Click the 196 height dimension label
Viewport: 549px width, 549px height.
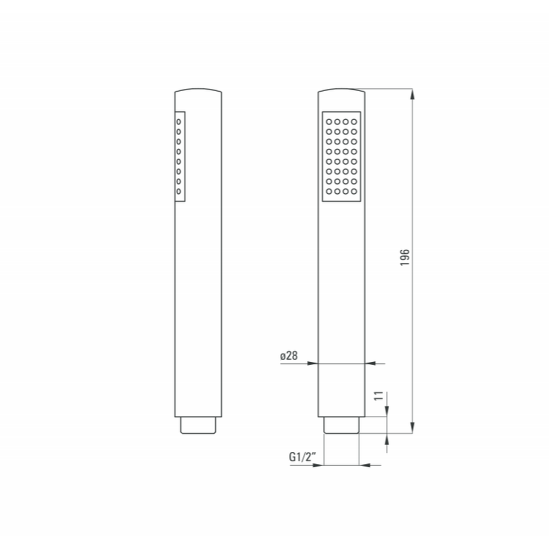pos(405,257)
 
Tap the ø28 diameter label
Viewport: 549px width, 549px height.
pos(289,356)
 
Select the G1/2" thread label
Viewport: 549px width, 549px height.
pos(302,457)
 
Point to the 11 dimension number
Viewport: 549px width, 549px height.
pos(379,396)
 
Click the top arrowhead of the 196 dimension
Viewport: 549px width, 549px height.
pos(412,94)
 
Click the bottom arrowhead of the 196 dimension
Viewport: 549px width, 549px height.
pos(412,428)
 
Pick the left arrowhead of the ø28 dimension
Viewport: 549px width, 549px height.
pos(312,363)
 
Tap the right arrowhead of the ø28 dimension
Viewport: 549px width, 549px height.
pos(371,363)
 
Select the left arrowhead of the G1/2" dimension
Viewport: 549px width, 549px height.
pos(318,466)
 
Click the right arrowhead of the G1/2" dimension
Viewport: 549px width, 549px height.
pos(365,466)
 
